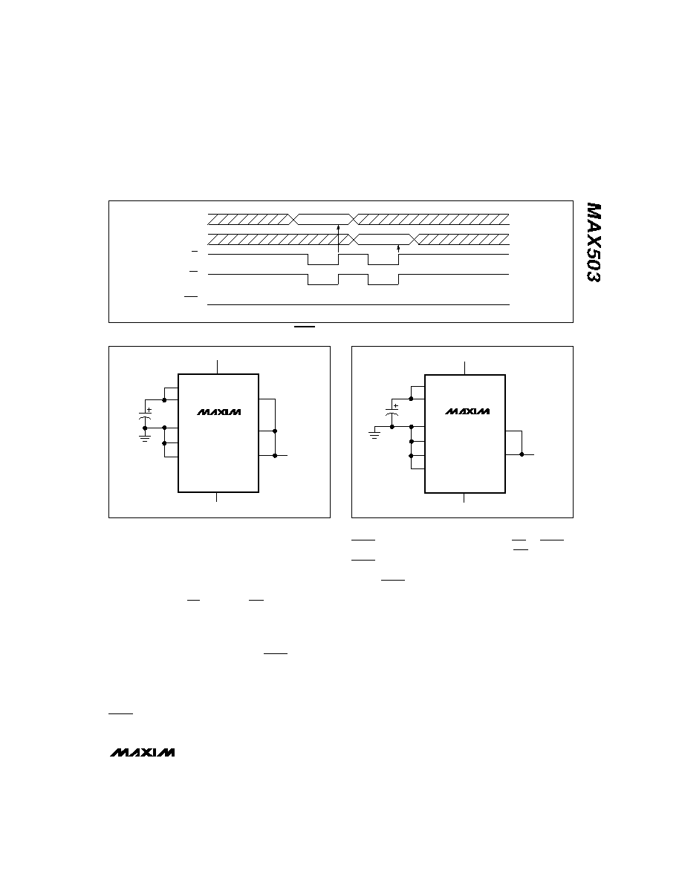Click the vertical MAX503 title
tap(593, 243)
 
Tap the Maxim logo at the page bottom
tap(143, 752)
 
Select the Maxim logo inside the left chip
tap(219, 412)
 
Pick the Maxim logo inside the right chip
tap(467, 411)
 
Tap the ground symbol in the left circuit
tap(145, 437)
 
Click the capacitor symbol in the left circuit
tap(145, 416)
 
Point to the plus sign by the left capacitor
tap(149, 409)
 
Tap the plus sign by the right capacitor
tap(395, 405)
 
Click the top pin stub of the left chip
tap(217, 367)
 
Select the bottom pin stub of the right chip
tap(464, 498)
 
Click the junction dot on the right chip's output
tap(522, 454)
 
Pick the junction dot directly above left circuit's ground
tap(145, 428)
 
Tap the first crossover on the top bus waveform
tap(293, 219)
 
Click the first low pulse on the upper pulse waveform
tap(323, 260)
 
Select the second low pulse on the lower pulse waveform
tap(383, 280)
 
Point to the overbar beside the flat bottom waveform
tap(192, 296)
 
